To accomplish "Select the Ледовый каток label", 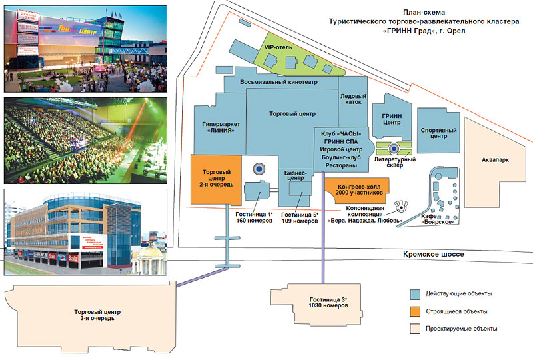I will click(354, 99).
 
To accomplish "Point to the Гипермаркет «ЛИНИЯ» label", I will click(221, 128).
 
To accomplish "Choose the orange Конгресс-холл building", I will click(360, 188).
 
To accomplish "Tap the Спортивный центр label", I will click(438, 133).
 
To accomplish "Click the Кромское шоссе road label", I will click(432, 255).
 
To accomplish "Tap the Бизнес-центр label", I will click(295, 176).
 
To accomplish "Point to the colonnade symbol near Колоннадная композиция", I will click(402, 206).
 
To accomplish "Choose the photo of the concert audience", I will click(87, 140).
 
